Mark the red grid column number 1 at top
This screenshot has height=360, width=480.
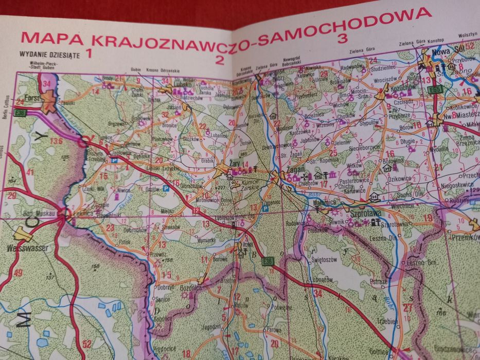(89, 52)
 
